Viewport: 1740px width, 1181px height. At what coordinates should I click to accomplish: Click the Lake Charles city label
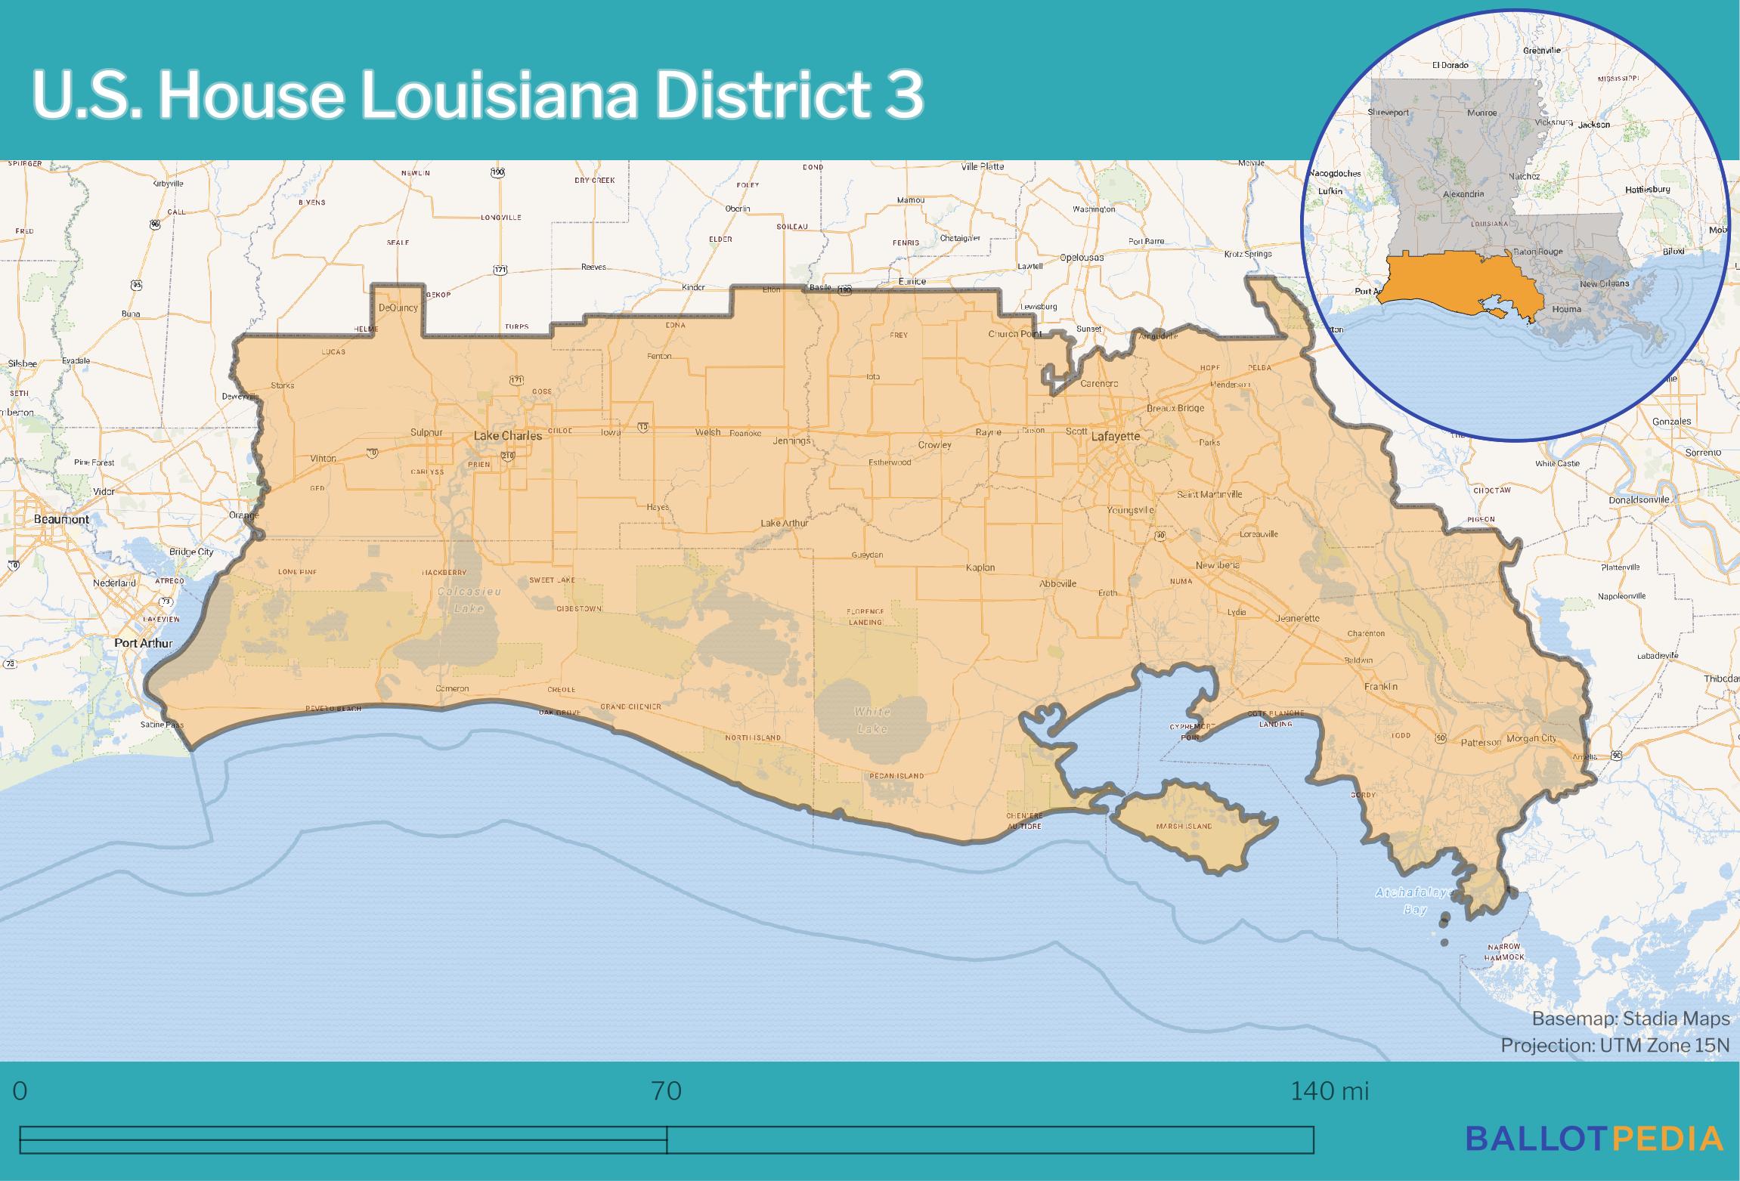tap(507, 436)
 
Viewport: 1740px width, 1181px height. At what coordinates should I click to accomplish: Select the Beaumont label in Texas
tap(61, 519)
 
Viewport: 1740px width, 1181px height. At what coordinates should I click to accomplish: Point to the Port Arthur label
tap(144, 644)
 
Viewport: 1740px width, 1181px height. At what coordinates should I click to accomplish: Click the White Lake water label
tap(872, 720)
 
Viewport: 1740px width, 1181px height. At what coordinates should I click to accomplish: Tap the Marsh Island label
tap(1184, 826)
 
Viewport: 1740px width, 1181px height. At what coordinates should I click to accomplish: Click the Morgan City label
tap(1531, 738)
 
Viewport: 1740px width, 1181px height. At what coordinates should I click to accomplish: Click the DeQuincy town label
tap(398, 308)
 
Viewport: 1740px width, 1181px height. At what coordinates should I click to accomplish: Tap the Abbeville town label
tap(1057, 584)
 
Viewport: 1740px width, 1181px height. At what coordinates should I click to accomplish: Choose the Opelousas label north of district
tap(1081, 258)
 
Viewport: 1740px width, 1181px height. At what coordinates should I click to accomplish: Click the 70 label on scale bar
tap(666, 1091)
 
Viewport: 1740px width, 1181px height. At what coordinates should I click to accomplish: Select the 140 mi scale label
tap(1329, 1091)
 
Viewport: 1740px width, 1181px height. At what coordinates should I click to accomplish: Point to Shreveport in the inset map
tap(1389, 113)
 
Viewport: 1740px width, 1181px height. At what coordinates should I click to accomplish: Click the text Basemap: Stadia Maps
tap(1630, 1019)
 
